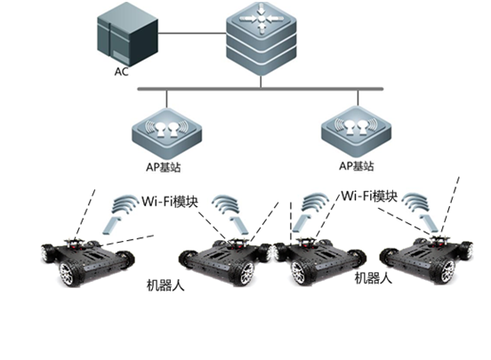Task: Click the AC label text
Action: tap(122, 71)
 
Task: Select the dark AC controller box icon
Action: tap(127, 34)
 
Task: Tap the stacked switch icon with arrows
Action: tap(262, 39)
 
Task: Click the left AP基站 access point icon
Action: tap(166, 134)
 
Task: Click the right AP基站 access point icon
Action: tap(357, 132)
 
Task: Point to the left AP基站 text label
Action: tap(163, 167)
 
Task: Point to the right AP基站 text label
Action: tap(357, 166)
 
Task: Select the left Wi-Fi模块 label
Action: tap(170, 201)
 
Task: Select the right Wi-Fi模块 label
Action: tap(369, 196)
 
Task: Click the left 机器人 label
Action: tap(165, 285)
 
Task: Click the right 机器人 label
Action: tap(374, 277)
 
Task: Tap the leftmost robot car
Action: tap(88, 262)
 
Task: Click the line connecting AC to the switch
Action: tap(192, 33)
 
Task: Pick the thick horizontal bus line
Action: tap(261, 89)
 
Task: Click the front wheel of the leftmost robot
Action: tap(69, 274)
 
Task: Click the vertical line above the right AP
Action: tap(358, 98)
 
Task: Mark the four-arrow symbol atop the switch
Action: tap(262, 19)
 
